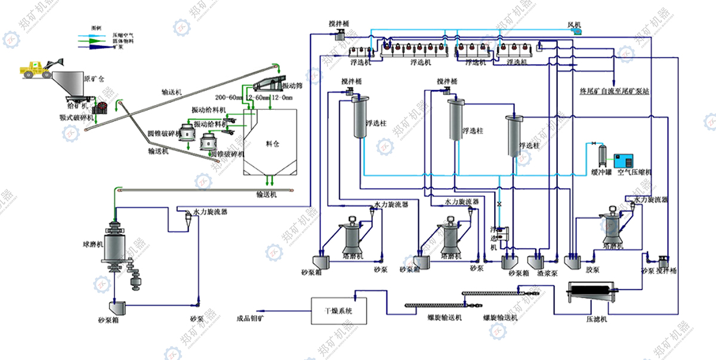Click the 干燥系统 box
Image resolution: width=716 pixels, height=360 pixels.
point(338,311)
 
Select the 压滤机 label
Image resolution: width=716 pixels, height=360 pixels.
point(596,319)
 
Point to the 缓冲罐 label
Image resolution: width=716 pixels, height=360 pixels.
point(601,172)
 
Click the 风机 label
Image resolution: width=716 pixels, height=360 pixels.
point(575,24)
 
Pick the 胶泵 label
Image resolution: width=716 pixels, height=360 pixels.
point(592,270)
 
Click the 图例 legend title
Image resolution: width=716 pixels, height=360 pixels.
point(96,27)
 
